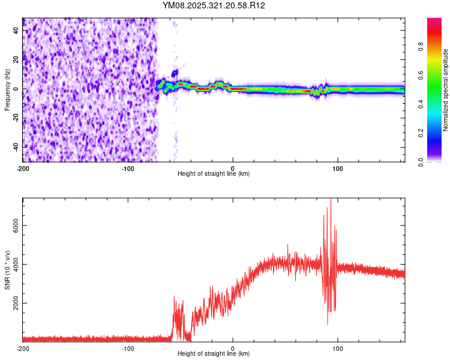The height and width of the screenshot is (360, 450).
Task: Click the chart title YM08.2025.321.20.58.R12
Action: point(214,5)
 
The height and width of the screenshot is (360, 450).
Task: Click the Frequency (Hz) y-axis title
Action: point(7,90)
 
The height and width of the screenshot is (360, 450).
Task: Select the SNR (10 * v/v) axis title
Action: point(7,270)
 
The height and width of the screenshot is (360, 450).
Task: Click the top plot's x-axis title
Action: point(214,174)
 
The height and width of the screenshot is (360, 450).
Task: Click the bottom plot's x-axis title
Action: point(214,354)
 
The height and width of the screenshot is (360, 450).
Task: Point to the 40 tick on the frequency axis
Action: point(16,31)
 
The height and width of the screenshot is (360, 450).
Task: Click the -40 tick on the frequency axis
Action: point(14,147)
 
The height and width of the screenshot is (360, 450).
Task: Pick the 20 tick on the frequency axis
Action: point(16,60)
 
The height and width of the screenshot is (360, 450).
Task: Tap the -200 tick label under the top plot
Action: point(23,168)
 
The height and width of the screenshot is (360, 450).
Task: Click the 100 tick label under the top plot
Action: point(337,168)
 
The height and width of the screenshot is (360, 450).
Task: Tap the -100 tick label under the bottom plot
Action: point(128,348)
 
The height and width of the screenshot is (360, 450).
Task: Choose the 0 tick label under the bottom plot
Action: point(233,348)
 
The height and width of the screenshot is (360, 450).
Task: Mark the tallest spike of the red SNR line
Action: point(331,200)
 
